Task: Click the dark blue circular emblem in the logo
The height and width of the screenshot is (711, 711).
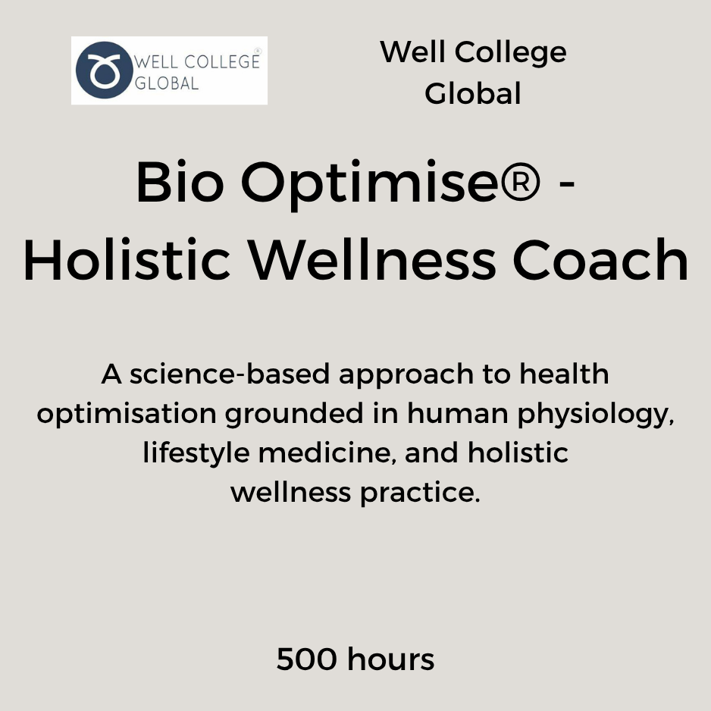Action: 105,70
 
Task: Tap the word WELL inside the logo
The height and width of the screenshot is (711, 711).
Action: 157,61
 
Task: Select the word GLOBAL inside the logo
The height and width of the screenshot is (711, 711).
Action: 167,83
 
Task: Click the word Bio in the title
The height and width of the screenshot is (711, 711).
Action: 180,181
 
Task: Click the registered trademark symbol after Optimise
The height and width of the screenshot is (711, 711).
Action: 520,182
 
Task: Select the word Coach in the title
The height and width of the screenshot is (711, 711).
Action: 601,260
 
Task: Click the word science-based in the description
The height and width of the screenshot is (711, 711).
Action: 230,374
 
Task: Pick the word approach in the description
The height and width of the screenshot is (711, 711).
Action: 406,377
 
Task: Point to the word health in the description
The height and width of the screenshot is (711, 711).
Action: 564,374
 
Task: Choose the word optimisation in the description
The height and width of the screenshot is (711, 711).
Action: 127,415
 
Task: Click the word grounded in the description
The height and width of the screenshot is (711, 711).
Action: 294,415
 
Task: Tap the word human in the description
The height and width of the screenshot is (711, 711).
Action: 458,413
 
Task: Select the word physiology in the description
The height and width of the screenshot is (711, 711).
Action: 594,415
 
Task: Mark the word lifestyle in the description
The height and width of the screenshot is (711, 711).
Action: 196,454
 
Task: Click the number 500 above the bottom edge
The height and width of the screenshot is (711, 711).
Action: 307,659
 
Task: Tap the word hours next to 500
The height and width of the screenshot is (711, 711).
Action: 391,659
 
